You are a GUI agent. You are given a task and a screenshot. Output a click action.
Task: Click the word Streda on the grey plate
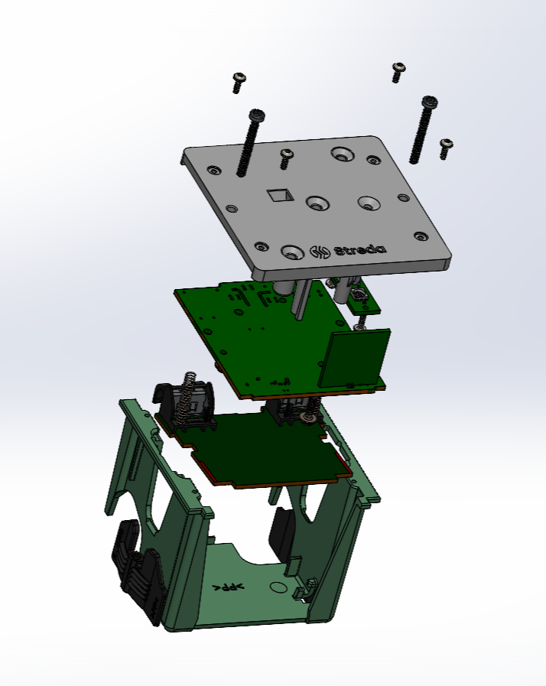pos(360,250)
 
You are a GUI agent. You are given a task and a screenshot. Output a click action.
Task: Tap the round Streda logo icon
pos(320,252)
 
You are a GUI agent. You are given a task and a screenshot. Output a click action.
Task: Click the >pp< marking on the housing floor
pos(228,587)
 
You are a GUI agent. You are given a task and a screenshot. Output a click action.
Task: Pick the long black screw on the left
pos(250,143)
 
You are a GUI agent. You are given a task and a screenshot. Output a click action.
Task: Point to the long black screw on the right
pos(423,130)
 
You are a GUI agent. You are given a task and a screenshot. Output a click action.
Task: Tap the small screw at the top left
pos(239,83)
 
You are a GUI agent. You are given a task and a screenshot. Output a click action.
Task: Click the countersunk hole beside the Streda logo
pos(292,252)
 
